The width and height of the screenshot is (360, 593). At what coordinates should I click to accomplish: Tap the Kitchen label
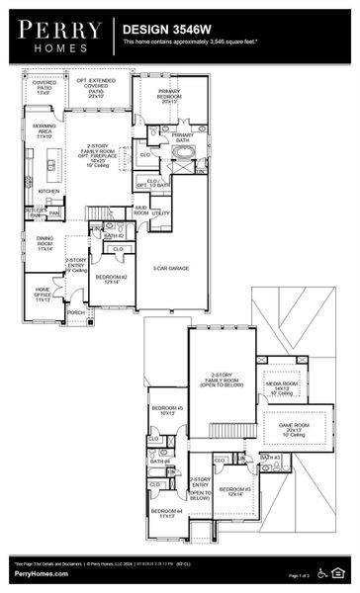[x=47, y=191]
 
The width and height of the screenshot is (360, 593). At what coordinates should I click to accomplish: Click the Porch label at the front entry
[x=75, y=312]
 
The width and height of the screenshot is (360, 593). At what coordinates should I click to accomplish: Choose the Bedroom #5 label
[x=166, y=410]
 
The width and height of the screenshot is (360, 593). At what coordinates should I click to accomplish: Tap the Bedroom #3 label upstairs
[x=236, y=491]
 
